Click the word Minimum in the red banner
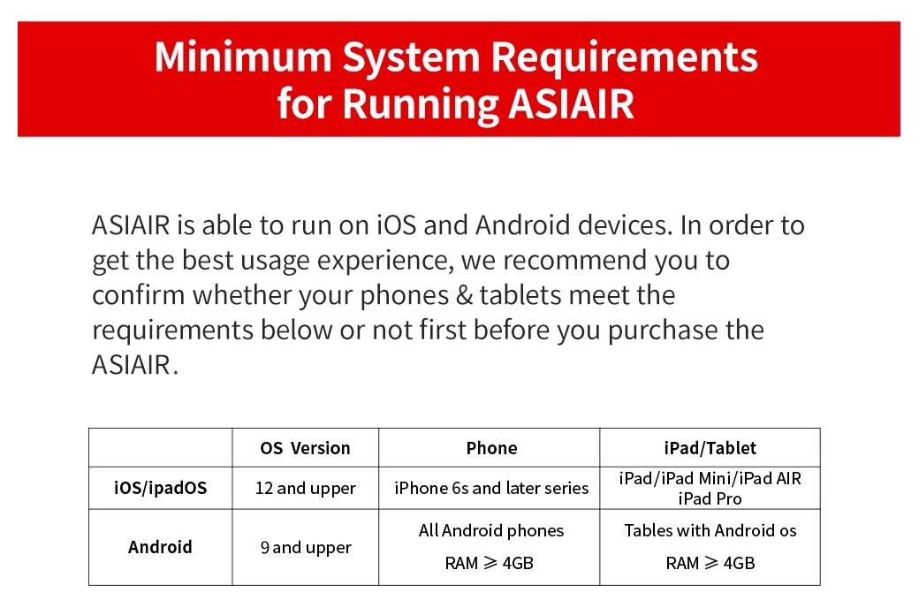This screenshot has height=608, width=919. pyautogui.click(x=243, y=57)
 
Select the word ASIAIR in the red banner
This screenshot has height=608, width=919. pyautogui.click(x=572, y=103)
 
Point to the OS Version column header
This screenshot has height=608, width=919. pyautogui.click(x=306, y=448)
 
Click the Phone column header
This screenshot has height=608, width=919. pyautogui.click(x=491, y=448)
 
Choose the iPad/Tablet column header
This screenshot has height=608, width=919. pyautogui.click(x=710, y=448)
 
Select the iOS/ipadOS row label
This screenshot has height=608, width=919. pyautogui.click(x=161, y=488)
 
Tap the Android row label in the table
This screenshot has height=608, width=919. pyautogui.click(x=160, y=547)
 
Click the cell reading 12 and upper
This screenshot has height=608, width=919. pyautogui.click(x=306, y=489)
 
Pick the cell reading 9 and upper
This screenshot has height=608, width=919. pyautogui.click(x=306, y=548)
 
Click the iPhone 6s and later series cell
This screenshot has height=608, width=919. pyautogui.click(x=491, y=489)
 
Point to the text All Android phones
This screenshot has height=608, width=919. pyautogui.click(x=491, y=530)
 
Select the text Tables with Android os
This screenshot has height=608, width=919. pyautogui.click(x=710, y=530)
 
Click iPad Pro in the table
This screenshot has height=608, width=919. pyautogui.click(x=710, y=499)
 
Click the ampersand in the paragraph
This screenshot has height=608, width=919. pyautogui.click(x=464, y=295)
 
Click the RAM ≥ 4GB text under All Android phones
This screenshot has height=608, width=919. pyautogui.click(x=490, y=564)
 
